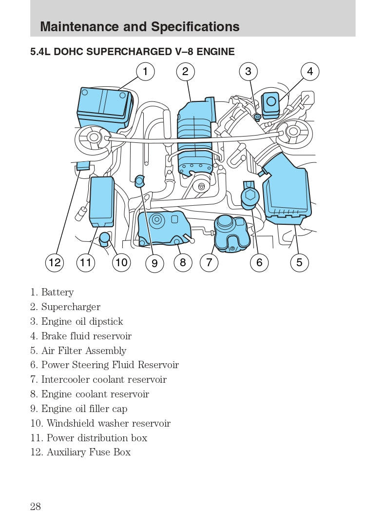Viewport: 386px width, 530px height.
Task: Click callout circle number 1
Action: [145, 72]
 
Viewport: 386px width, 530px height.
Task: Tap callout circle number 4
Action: [309, 72]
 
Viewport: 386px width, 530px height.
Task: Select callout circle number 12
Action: [55, 263]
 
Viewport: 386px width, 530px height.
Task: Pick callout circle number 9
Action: [154, 263]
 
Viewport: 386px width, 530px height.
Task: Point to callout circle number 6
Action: [259, 263]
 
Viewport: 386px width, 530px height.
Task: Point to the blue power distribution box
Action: [102, 201]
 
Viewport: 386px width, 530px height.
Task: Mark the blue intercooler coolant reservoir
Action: [232, 233]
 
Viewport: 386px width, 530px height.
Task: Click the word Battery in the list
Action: [58, 292]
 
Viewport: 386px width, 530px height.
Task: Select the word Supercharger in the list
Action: [71, 307]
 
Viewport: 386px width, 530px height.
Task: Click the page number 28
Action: [36, 506]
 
